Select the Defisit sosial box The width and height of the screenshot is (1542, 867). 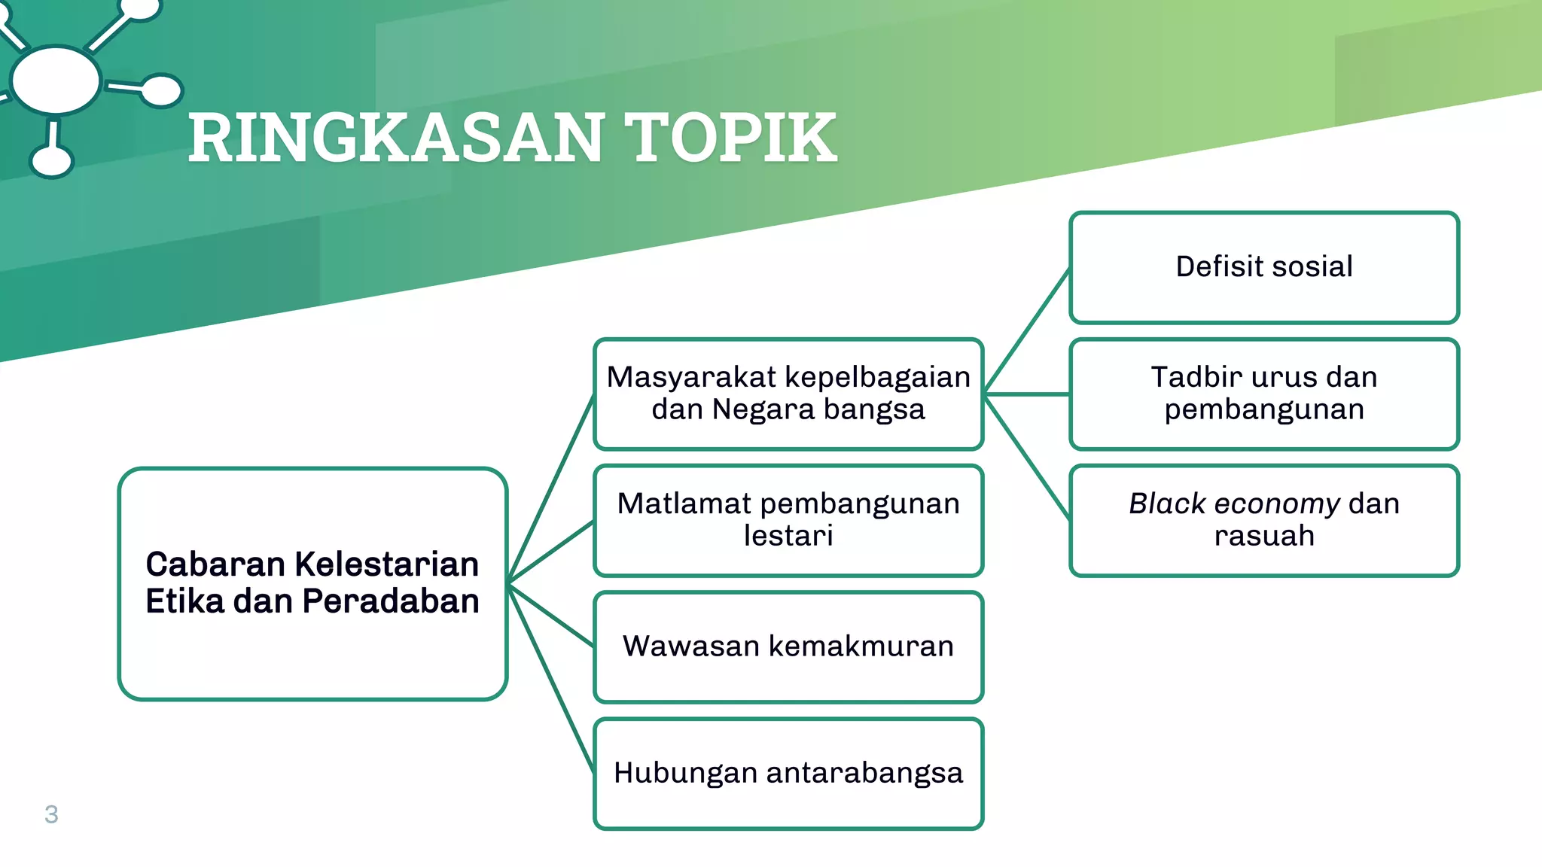tap(1263, 267)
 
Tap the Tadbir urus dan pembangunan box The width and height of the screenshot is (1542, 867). tap(1263, 394)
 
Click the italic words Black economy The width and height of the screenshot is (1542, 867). tap(1233, 503)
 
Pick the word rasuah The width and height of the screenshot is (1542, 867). tap(1263, 536)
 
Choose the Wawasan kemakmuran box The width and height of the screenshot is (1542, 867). tap(788, 646)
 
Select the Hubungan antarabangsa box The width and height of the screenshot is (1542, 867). tap(788, 773)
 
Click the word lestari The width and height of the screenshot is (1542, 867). tap(788, 536)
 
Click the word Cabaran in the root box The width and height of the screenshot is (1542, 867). tap(214, 564)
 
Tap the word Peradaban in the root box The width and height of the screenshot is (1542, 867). tap(390, 601)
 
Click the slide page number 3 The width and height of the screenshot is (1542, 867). tap(51, 814)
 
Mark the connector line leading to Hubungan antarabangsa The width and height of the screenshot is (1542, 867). tap(551, 677)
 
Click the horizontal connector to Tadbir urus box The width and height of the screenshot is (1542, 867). tap(1027, 394)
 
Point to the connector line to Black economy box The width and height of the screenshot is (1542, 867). tap(1027, 457)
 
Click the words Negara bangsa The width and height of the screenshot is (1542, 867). tap(818, 409)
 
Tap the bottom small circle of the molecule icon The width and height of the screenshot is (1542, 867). tap(52, 160)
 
